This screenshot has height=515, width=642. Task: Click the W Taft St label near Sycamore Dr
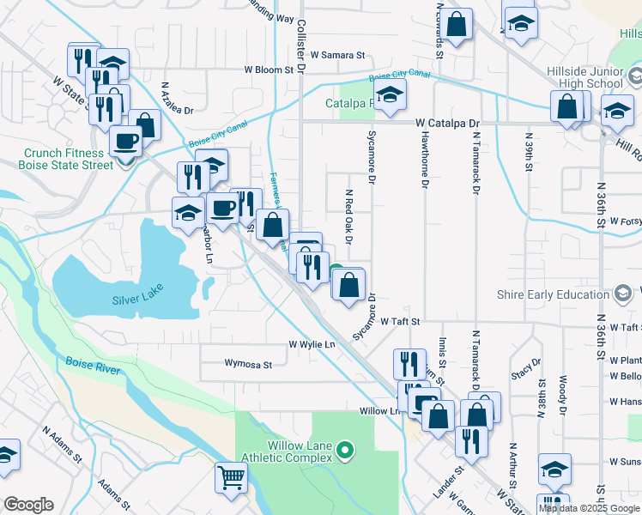pyautogui.click(x=403, y=321)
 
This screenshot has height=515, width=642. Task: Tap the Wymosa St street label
pyautogui.click(x=248, y=365)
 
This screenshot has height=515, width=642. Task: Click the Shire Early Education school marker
pyautogui.click(x=624, y=294)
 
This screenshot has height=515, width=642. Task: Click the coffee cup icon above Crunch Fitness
pyautogui.click(x=125, y=140)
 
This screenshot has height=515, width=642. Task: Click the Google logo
pyautogui.click(x=28, y=504)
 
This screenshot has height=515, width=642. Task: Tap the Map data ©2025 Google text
pyautogui.click(x=590, y=508)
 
